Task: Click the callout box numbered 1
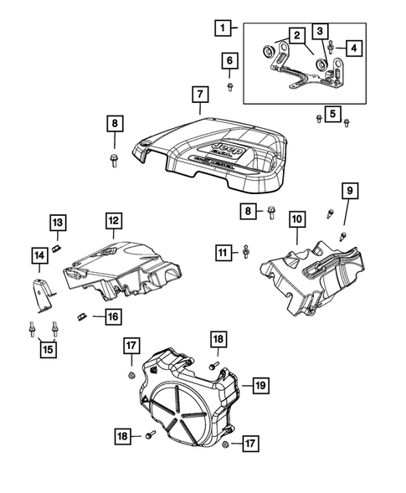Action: pos(221,28)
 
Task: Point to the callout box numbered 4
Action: pos(355,49)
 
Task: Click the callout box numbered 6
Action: pos(230,60)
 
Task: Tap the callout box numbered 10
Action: pos(296,220)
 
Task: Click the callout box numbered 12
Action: pos(113,220)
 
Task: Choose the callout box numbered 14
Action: pos(39,254)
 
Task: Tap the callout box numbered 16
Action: pos(112,316)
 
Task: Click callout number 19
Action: pos(260,385)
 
